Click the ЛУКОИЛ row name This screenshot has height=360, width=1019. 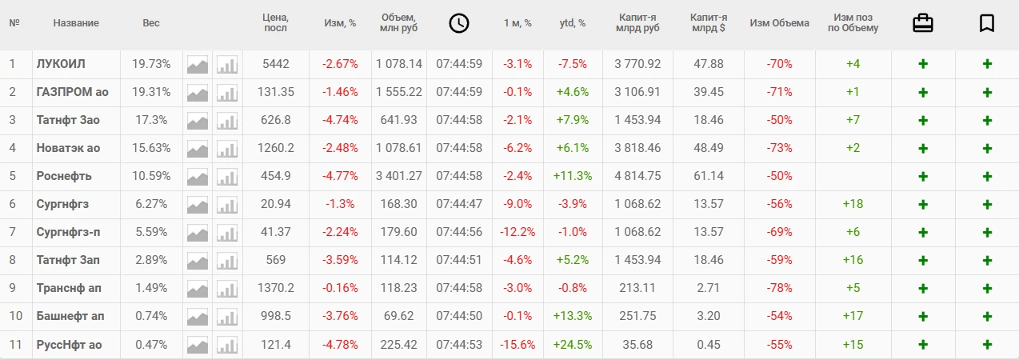(x=61, y=64)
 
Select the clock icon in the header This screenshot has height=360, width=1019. (x=458, y=23)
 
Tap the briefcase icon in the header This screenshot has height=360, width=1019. (x=923, y=23)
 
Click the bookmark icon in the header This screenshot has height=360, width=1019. (x=987, y=23)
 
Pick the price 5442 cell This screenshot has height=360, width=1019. (x=275, y=64)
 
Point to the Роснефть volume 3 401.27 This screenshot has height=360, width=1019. (x=399, y=176)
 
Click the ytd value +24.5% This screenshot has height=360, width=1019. (x=572, y=344)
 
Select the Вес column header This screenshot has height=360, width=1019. (x=151, y=23)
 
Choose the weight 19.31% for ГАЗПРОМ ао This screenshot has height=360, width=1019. (x=151, y=92)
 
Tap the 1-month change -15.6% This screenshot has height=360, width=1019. (x=517, y=344)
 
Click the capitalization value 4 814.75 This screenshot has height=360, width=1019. (x=637, y=176)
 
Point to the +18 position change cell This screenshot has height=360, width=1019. (x=853, y=204)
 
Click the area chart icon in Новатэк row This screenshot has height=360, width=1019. (x=198, y=148)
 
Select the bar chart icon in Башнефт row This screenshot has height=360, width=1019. (x=228, y=316)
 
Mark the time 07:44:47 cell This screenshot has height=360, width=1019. (x=459, y=204)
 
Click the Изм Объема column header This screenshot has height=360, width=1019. (x=779, y=23)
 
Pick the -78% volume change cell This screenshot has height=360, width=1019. (x=779, y=288)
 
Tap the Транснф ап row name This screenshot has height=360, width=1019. (x=69, y=288)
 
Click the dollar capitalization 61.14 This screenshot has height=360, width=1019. (x=708, y=176)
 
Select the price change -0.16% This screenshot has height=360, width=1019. (x=340, y=288)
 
